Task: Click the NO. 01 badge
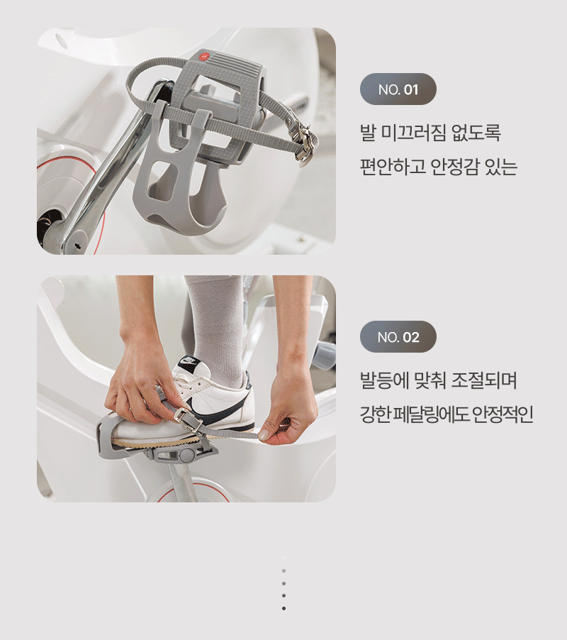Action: click(398, 89)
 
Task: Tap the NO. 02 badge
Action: click(398, 337)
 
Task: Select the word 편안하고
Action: click(393, 166)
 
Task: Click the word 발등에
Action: click(384, 380)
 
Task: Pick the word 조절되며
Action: click(484, 380)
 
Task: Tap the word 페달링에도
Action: click(432, 414)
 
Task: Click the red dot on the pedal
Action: click(204, 57)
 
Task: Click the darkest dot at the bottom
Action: click(283, 608)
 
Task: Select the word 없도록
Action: click(476, 133)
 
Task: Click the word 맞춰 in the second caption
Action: click(430, 380)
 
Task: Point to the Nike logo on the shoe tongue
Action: click(189, 361)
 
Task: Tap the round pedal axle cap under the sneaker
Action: click(186, 454)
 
